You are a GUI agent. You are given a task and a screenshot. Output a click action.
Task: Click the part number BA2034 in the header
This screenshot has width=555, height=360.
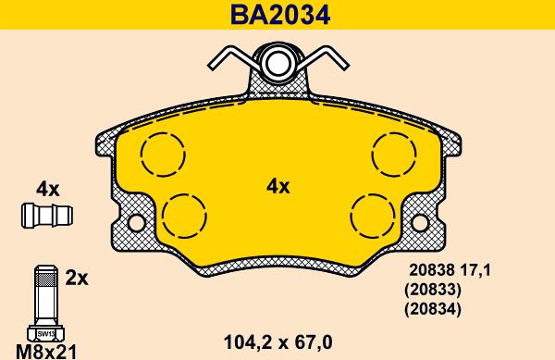(x=280, y=15)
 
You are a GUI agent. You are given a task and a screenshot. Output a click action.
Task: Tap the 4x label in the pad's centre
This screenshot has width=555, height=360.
(x=277, y=187)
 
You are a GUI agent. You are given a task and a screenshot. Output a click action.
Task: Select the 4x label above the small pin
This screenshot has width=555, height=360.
(x=48, y=190)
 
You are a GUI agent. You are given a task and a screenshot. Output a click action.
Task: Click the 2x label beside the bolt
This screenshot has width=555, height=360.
(x=77, y=279)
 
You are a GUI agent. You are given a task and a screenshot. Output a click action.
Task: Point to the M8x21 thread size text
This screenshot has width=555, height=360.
(x=46, y=352)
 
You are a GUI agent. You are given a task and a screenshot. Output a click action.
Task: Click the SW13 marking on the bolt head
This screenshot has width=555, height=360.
(x=45, y=333)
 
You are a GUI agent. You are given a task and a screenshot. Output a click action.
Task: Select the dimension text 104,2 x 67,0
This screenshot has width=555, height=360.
(x=278, y=342)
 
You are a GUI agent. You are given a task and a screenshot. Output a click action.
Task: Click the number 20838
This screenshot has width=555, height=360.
(x=432, y=270)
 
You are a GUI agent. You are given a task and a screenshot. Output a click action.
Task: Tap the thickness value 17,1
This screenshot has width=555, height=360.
(x=475, y=270)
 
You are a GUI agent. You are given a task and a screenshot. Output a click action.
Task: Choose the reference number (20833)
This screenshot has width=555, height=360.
(x=433, y=290)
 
